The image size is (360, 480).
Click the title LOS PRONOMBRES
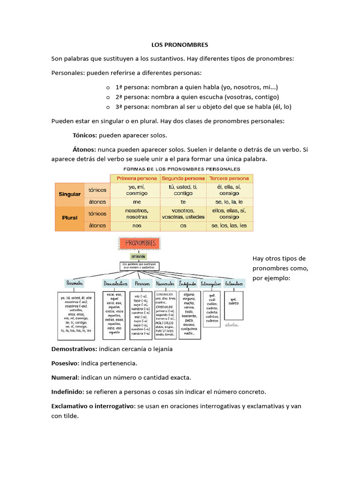click(180, 45)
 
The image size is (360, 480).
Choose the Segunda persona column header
click(183, 179)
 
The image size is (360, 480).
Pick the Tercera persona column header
click(229, 179)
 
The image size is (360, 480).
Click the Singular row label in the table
click(69, 194)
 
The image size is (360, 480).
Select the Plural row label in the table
click(69, 218)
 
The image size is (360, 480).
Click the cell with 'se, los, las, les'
click(229, 226)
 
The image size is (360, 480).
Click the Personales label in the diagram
click(75, 284)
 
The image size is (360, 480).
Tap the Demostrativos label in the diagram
click(115, 284)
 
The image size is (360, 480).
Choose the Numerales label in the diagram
click(165, 284)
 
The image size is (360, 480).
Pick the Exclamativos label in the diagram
click(234, 284)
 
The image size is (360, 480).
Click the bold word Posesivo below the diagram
click(65, 363)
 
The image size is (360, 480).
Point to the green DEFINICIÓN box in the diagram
click(138, 256)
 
